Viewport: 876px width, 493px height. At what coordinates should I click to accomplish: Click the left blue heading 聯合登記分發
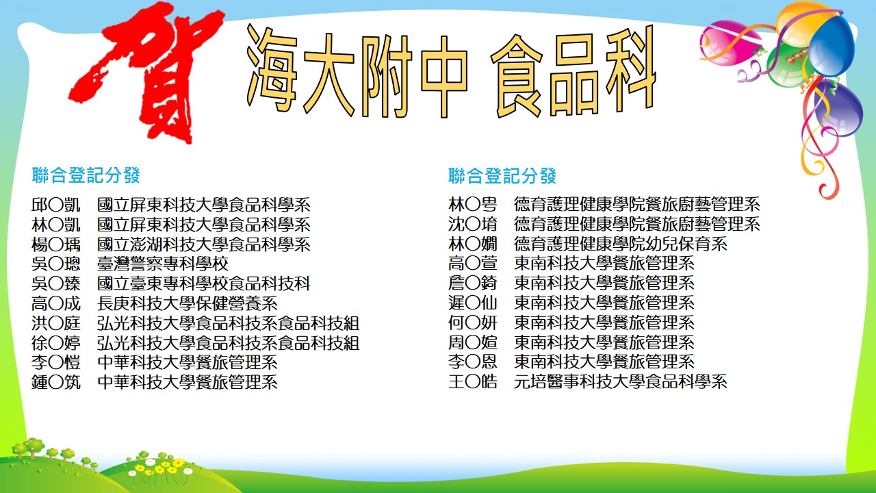(86, 175)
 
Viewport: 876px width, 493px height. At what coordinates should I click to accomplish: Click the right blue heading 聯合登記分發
(502, 176)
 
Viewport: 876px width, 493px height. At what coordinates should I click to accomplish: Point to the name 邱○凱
(56, 205)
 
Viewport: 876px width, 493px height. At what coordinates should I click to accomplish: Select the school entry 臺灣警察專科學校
(163, 264)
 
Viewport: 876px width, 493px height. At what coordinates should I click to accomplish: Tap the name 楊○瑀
(56, 244)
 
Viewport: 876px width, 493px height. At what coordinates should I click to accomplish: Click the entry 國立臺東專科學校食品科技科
(204, 283)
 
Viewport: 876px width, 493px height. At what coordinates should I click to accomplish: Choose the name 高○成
(56, 303)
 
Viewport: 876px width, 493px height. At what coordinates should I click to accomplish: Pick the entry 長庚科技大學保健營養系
(188, 303)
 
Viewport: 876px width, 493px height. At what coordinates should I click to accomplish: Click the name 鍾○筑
(56, 382)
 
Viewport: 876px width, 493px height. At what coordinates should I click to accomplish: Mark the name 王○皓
(473, 381)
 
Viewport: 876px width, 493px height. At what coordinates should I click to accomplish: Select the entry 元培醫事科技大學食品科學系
(621, 381)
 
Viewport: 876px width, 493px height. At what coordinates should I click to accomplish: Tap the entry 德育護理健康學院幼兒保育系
(621, 244)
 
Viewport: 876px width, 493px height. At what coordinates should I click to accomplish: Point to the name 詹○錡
(473, 283)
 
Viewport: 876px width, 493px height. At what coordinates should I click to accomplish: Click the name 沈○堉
(473, 224)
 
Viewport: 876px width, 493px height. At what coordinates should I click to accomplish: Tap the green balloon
(786, 64)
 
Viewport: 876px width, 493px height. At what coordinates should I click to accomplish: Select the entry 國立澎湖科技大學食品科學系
(204, 244)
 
